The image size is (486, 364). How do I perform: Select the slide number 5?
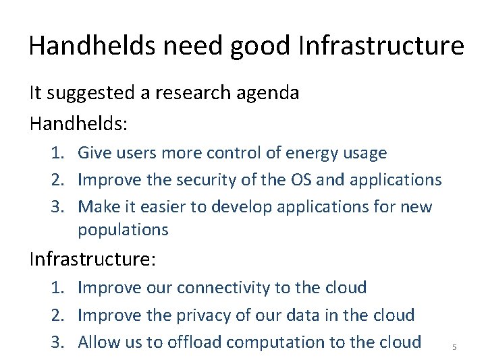[454, 347]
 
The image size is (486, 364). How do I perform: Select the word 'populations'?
[123, 230]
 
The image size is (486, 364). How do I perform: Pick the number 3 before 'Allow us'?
[57, 342]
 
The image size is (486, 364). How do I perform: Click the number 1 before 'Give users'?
[57, 153]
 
